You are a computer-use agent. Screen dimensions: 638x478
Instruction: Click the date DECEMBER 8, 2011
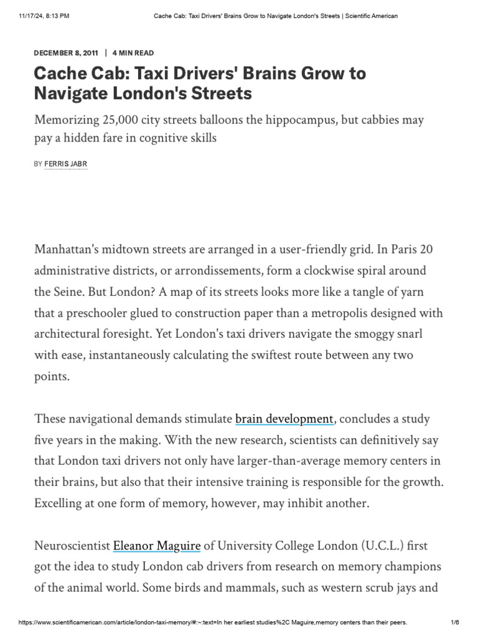[66, 53]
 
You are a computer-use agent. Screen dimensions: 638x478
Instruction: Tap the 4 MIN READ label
[133, 53]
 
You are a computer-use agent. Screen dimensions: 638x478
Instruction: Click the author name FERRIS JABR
[66, 164]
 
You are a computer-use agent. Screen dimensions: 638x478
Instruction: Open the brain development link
[284, 419]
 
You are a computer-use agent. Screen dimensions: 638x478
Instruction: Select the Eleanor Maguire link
[157, 546]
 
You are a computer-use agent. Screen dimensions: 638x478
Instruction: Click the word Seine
[73, 292]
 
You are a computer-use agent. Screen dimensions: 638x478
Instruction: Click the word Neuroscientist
[72, 546]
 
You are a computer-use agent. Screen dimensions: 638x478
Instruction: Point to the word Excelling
[60, 503]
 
